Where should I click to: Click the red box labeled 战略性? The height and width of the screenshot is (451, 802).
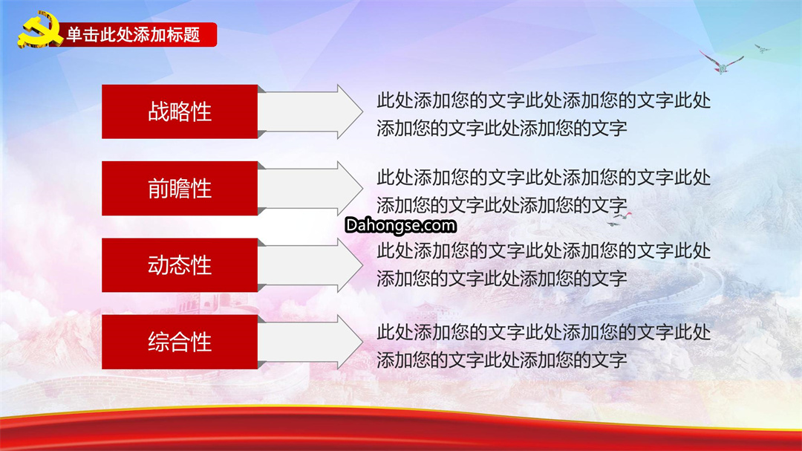[x=180, y=111]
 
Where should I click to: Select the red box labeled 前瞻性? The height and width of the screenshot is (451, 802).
[x=180, y=189]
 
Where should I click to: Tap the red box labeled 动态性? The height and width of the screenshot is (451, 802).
[x=180, y=265]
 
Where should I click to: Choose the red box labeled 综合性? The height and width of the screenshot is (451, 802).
[x=180, y=342]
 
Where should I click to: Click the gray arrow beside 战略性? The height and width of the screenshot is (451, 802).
[x=310, y=111]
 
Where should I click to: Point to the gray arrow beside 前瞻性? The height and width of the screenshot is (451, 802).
[x=310, y=189]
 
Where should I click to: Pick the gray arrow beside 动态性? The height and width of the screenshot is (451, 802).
[x=310, y=265]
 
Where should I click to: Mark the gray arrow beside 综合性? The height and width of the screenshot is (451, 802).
[x=310, y=342]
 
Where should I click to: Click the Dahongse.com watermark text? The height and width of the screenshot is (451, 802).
[x=400, y=225]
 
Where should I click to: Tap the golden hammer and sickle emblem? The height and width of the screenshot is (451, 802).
[x=39, y=30]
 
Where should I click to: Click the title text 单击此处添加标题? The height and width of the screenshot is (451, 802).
[x=133, y=35]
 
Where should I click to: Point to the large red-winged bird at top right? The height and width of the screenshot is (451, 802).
[x=721, y=62]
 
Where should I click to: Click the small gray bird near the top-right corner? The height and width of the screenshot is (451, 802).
[x=762, y=48]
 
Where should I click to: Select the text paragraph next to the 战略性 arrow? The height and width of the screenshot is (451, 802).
[x=544, y=114]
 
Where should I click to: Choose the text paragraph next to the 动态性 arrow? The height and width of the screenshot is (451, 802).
[x=544, y=265]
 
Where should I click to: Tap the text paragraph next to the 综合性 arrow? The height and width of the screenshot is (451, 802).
[x=544, y=346]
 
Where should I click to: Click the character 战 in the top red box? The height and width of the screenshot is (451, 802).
[x=158, y=111]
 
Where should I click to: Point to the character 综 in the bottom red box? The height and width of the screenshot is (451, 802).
[x=158, y=342]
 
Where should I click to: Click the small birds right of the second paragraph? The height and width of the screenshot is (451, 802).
[x=619, y=219]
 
